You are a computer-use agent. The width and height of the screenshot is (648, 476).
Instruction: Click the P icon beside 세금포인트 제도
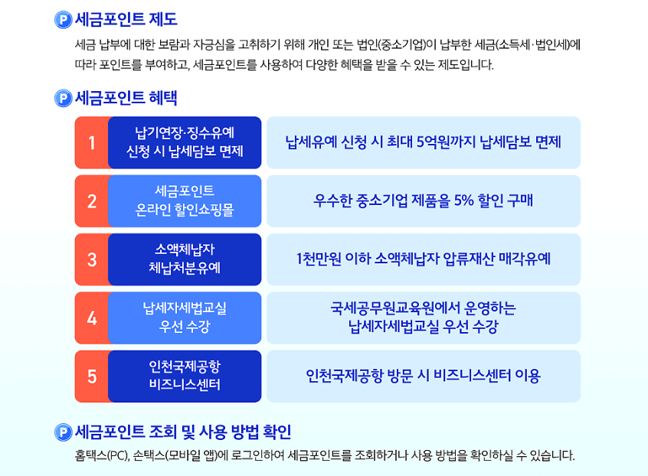click(x=64, y=20)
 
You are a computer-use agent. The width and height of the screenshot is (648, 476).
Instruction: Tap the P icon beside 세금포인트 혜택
click(x=64, y=99)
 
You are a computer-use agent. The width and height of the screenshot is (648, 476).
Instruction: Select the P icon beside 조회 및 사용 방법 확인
click(x=64, y=432)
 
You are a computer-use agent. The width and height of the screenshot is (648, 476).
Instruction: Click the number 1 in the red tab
click(x=92, y=143)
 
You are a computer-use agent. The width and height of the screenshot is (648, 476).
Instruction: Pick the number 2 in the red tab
click(x=92, y=201)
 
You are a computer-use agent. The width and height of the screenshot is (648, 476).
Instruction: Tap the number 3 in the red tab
click(x=92, y=259)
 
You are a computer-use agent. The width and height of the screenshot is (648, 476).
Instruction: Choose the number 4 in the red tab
click(x=92, y=318)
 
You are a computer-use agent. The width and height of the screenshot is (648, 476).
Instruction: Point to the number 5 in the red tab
click(x=92, y=377)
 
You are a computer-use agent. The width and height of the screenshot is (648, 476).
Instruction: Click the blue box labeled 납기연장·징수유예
click(x=185, y=142)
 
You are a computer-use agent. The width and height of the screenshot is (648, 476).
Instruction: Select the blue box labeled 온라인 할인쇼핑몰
click(x=185, y=201)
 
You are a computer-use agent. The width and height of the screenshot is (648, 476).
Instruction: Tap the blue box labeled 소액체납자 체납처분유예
click(x=185, y=259)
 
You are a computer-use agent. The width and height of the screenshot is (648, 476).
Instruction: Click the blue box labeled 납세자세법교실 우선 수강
click(x=185, y=318)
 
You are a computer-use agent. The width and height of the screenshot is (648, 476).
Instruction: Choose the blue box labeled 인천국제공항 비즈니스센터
click(x=185, y=377)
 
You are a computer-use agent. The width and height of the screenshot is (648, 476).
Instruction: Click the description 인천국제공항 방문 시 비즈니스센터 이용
click(x=423, y=377)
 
